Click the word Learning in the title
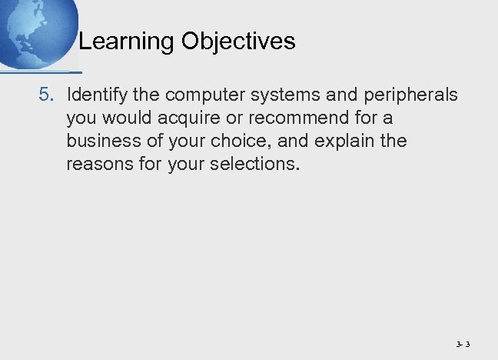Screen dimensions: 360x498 click(x=127, y=42)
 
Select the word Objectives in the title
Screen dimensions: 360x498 click(x=239, y=42)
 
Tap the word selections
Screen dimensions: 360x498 click(x=250, y=165)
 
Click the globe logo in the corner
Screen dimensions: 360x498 click(x=35, y=31)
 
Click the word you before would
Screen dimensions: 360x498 click(x=81, y=118)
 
